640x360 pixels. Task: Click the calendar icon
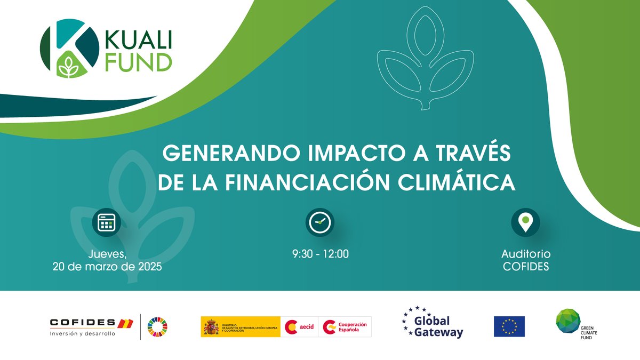(x=107, y=222)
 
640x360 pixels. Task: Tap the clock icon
(x=319, y=222)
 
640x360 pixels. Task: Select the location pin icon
(x=525, y=222)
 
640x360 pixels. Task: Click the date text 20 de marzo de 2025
(x=107, y=267)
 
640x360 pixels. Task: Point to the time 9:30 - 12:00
(x=320, y=254)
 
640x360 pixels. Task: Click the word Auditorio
(x=526, y=254)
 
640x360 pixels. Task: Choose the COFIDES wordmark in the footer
(x=83, y=322)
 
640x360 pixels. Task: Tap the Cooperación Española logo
(x=346, y=326)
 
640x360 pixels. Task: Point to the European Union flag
(x=509, y=326)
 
